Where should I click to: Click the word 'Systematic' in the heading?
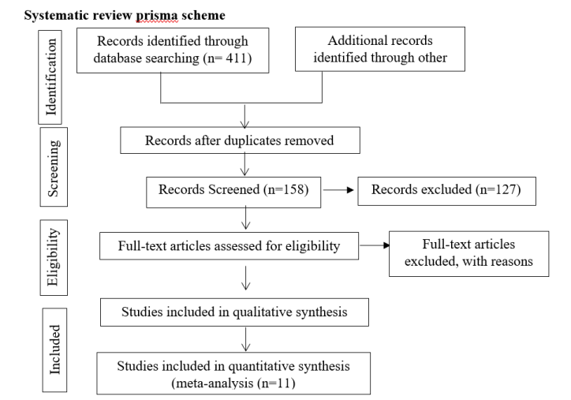pos(53,14)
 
